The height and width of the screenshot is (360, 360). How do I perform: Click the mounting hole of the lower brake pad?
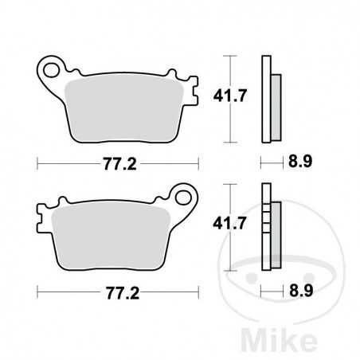tap(185, 197)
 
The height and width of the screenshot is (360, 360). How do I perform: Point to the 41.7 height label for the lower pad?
tap(245, 226)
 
